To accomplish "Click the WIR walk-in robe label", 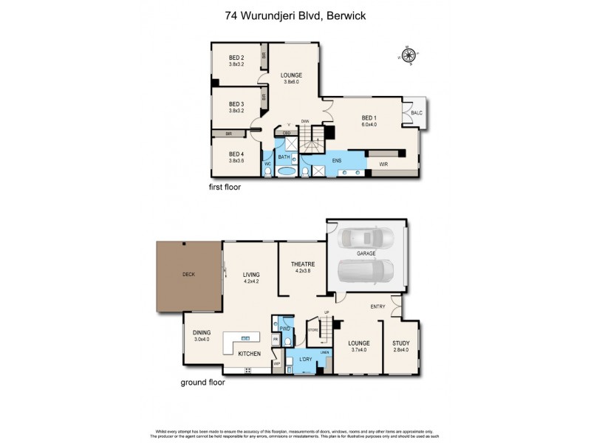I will coord(383,164).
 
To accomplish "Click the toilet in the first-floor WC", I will coord(267,172).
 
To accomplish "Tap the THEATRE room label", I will coord(303,264).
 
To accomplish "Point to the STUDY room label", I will coord(401,343).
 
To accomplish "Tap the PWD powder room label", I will coord(284,328).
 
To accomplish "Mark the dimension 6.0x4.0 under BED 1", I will coord(369,125).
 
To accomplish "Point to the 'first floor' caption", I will coord(225,188).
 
